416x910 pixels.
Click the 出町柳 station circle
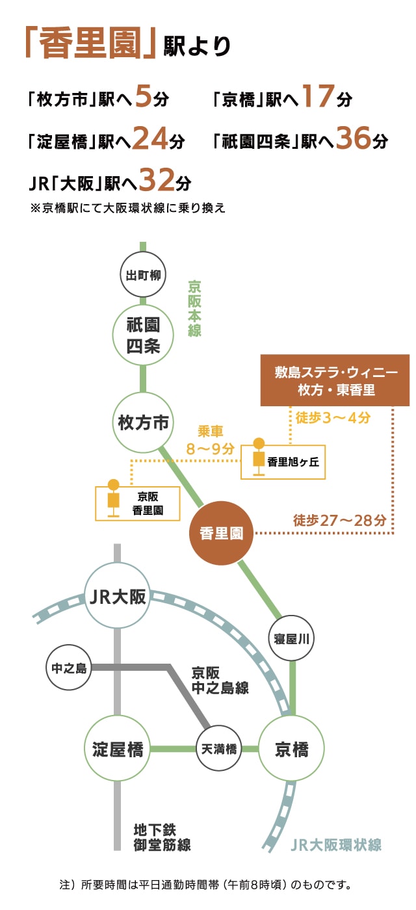(x=142, y=275)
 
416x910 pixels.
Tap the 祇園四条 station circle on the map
(x=143, y=335)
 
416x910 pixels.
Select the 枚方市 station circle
(x=143, y=423)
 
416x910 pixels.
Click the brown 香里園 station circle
(x=221, y=534)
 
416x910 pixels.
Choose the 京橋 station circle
(x=291, y=749)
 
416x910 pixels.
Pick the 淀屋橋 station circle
(x=118, y=749)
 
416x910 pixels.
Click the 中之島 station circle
(x=68, y=668)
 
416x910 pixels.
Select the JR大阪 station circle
(x=118, y=596)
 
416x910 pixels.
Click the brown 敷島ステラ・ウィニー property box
(x=335, y=380)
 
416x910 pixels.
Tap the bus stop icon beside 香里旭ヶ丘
(x=259, y=458)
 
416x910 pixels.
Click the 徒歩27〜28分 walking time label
(x=339, y=520)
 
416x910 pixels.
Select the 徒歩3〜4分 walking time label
(x=333, y=418)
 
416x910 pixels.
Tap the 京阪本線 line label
(x=194, y=308)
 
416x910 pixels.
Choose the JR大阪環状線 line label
(x=335, y=845)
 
